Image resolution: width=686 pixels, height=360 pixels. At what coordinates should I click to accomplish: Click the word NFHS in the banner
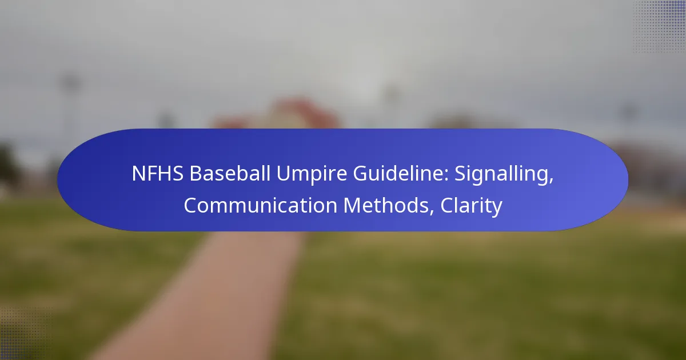click(x=158, y=173)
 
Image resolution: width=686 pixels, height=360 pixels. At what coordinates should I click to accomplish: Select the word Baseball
click(x=230, y=173)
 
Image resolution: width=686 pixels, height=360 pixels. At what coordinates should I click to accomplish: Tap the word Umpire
click(x=312, y=174)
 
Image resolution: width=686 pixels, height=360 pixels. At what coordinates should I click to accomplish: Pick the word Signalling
click(x=502, y=174)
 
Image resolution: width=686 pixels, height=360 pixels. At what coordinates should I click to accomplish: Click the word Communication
click(x=260, y=205)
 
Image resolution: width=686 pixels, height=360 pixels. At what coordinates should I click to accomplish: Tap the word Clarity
click(x=471, y=206)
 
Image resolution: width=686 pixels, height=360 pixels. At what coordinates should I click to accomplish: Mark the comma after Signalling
click(x=551, y=181)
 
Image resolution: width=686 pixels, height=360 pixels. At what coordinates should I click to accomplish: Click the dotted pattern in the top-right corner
click(x=659, y=26)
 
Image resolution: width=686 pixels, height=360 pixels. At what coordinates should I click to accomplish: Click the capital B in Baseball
click(x=195, y=174)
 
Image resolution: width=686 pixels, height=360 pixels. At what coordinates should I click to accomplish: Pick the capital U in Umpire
click(x=283, y=174)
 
